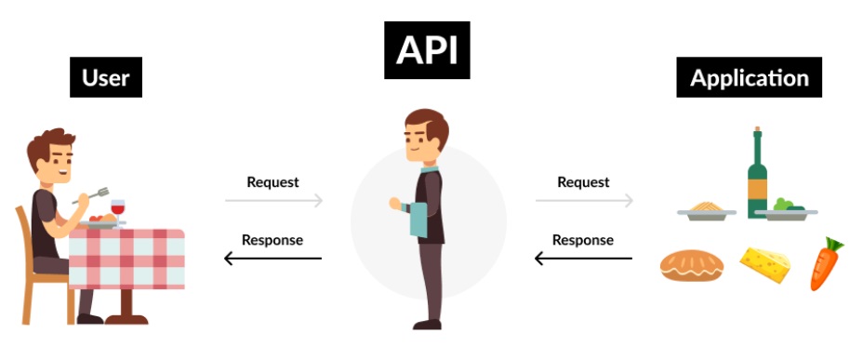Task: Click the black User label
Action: point(105,78)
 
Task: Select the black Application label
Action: point(749,78)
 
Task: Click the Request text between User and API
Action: point(272,181)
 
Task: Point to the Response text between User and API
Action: point(272,239)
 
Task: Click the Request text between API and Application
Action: point(583,181)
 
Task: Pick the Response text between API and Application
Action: point(583,239)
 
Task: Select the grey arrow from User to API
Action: point(273,200)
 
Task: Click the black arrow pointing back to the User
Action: point(273,258)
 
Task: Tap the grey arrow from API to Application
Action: point(584,200)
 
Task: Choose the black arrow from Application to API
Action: point(584,258)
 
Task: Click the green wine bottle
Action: point(757,172)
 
